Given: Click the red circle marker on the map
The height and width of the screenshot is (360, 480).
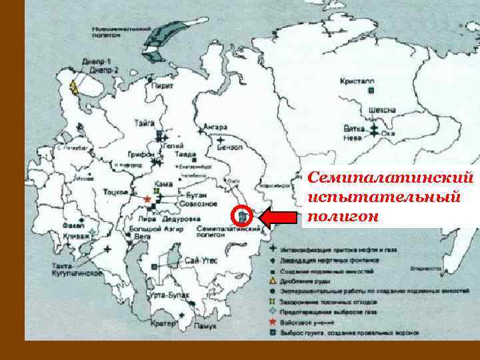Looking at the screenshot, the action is tap(244, 217).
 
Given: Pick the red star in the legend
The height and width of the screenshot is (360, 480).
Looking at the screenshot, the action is tap(274, 323).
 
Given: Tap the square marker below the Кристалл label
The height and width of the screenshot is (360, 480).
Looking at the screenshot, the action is tap(372, 89).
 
